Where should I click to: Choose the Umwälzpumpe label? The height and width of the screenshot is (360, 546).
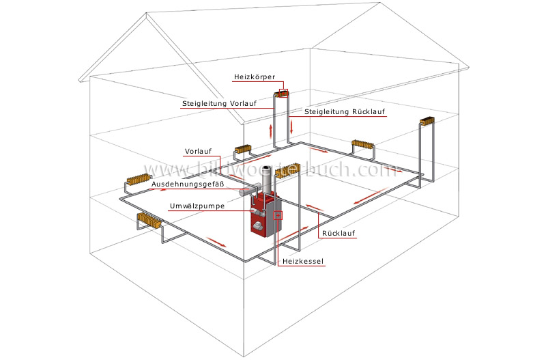[195, 206]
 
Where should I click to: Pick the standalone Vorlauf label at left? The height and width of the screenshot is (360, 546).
[198, 152]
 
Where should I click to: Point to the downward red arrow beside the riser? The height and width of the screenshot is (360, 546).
[291, 126]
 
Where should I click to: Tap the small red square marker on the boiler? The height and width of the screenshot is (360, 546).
[277, 214]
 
